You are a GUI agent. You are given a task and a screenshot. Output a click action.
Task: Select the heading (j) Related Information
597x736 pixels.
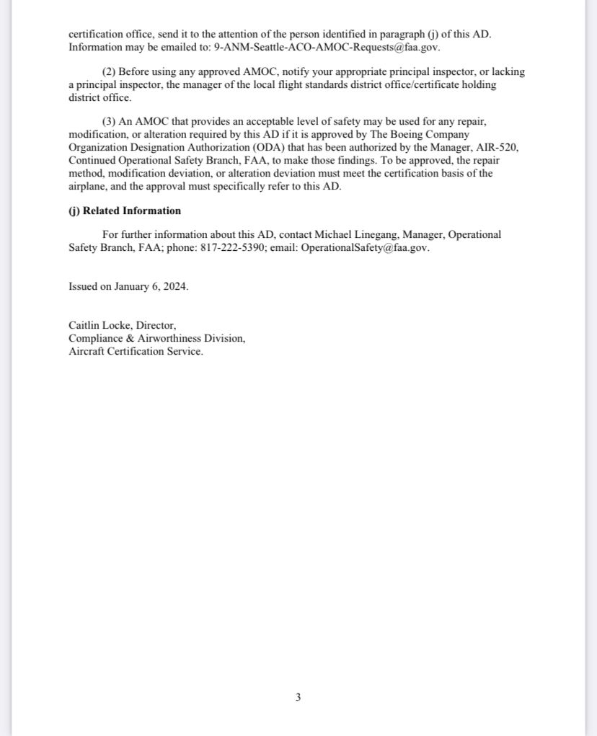coord(125,211)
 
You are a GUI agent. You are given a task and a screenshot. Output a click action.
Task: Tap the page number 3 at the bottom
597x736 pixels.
coord(298,697)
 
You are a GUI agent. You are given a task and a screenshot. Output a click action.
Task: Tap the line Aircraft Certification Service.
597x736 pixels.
coord(136,352)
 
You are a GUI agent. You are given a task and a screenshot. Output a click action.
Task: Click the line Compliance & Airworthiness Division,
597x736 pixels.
coord(156,339)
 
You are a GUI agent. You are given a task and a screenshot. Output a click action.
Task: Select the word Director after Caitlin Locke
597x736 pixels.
coord(156,326)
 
